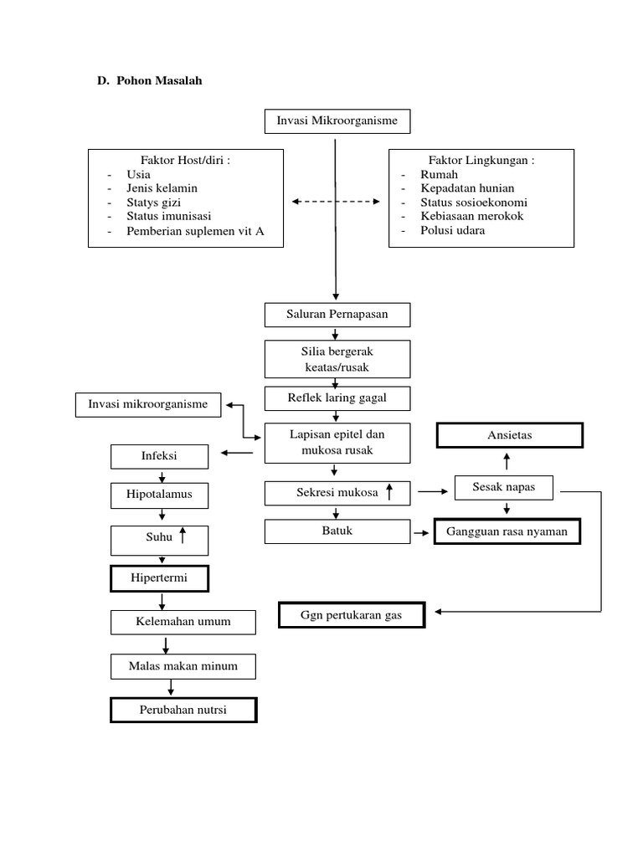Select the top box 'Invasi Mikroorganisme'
[x=337, y=121]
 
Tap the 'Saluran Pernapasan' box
[x=337, y=315]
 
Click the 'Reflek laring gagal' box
[x=337, y=398]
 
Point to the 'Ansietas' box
[x=509, y=436]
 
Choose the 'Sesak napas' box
[x=503, y=487]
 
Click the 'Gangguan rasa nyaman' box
[x=507, y=531]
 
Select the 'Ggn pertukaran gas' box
[x=352, y=616]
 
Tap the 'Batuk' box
[x=337, y=531]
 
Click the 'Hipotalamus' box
[x=160, y=495]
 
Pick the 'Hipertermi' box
[x=160, y=578]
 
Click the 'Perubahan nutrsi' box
[x=183, y=710]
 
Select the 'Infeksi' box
[x=160, y=456]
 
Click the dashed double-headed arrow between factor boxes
[x=336, y=202]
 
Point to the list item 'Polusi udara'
[x=452, y=230]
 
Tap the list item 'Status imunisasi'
[x=168, y=216]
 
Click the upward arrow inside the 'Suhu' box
[x=182, y=537]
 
